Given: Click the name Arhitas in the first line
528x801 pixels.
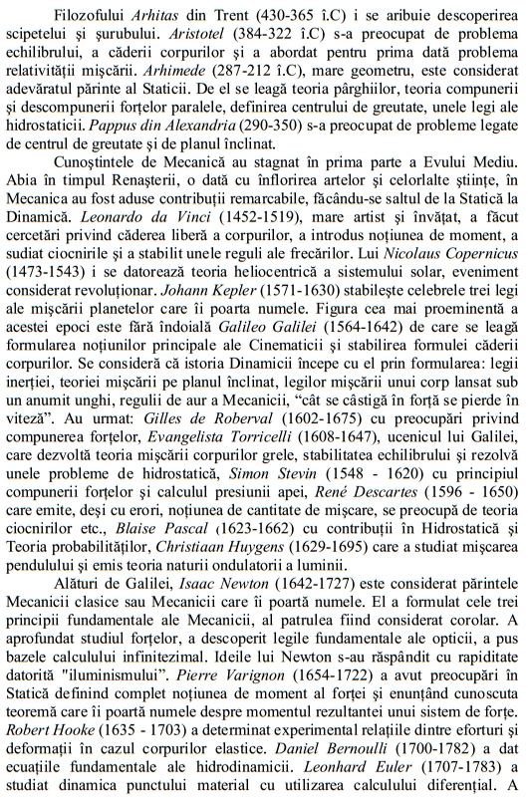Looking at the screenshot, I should coord(158,12).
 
